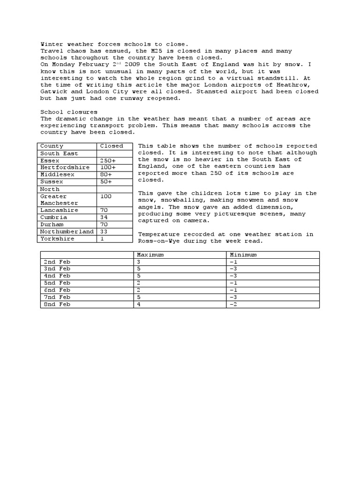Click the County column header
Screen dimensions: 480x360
click(52, 146)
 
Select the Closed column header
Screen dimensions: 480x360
click(112, 146)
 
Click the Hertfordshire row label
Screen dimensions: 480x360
click(65, 167)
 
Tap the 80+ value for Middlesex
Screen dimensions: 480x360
click(106, 174)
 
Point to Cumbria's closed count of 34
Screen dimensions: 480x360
click(104, 217)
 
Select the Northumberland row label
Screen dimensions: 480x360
click(67, 232)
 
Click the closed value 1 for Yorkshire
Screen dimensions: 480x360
click(102, 239)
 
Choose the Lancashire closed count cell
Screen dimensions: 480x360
click(104, 210)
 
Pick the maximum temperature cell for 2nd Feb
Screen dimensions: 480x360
click(138, 262)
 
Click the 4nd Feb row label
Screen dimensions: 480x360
click(57, 276)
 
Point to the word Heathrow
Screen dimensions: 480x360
click(297, 85)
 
